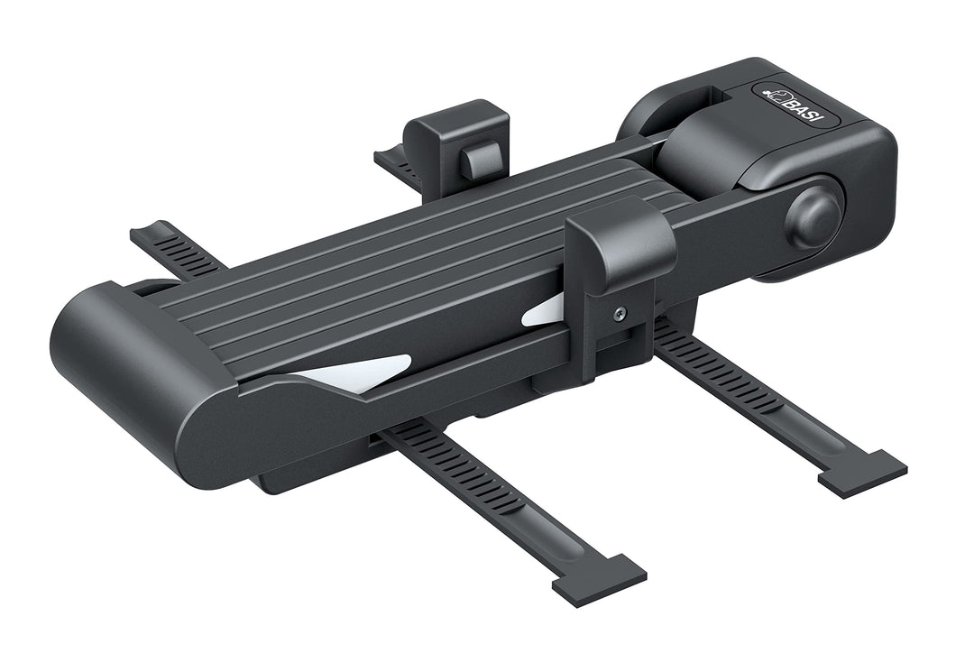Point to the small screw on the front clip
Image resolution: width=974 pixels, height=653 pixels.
(620, 315)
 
